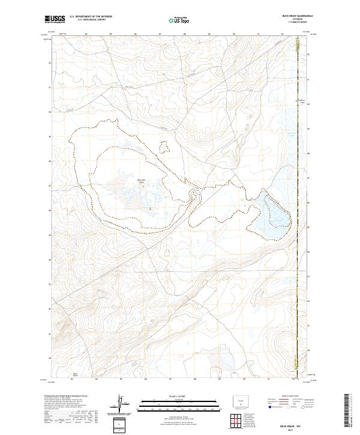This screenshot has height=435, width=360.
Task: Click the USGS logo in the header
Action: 55,19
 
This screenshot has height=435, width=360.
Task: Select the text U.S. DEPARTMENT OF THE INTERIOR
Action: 91,17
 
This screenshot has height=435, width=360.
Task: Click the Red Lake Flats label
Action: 142,181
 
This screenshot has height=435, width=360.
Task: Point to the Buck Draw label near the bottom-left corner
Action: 75,374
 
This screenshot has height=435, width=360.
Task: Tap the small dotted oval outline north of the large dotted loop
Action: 164,147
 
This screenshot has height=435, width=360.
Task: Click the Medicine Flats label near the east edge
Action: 302,101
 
